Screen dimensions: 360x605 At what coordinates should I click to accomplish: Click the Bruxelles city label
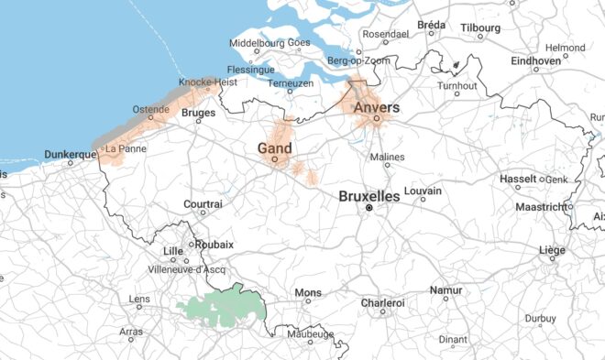369,196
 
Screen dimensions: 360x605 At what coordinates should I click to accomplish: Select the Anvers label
376,107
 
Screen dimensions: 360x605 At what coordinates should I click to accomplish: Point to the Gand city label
274,147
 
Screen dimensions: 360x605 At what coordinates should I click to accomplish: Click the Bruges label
199,114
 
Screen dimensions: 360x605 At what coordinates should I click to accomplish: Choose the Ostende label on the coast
151,110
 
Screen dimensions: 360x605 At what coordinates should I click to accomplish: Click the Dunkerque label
71,155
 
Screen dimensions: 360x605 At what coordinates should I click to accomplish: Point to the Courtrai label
203,203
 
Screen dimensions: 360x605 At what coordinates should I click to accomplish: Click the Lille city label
172,250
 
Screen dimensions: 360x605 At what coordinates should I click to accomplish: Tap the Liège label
552,249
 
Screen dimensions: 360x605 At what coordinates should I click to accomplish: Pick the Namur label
446,290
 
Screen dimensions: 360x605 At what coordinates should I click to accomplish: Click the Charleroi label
383,301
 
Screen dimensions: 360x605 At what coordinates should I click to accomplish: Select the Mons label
307,293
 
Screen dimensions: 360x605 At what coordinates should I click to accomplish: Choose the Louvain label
422,191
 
